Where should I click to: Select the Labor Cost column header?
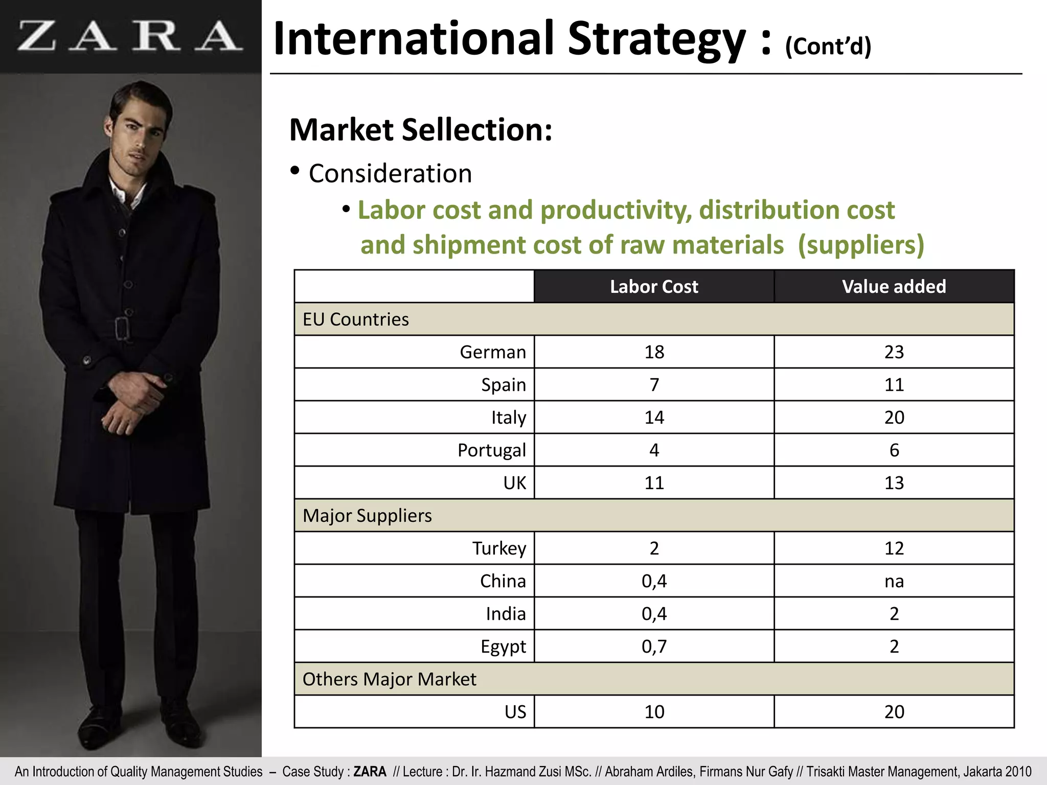pyautogui.click(x=654, y=287)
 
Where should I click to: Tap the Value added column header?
pyautogui.click(x=894, y=287)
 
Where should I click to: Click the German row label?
pyautogui.click(x=492, y=352)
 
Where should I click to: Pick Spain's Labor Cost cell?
pyautogui.click(x=654, y=385)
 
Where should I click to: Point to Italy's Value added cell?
pyautogui.click(x=894, y=418)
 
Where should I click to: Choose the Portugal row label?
pyautogui.click(x=491, y=450)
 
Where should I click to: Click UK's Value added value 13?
pyautogui.click(x=894, y=483)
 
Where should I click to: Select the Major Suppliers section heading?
pyautogui.click(x=367, y=516)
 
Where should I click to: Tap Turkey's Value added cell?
pyautogui.click(x=894, y=548)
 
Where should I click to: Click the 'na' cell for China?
pyautogui.click(x=894, y=581)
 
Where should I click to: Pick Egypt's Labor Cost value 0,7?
pyautogui.click(x=654, y=647)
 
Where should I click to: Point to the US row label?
pyautogui.click(x=515, y=712)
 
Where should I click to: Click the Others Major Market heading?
pyautogui.click(x=389, y=679)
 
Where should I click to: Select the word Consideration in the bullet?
pyautogui.click(x=390, y=174)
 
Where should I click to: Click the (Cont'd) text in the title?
pyautogui.click(x=828, y=47)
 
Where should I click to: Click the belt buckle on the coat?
pyautogui.click(x=122, y=328)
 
